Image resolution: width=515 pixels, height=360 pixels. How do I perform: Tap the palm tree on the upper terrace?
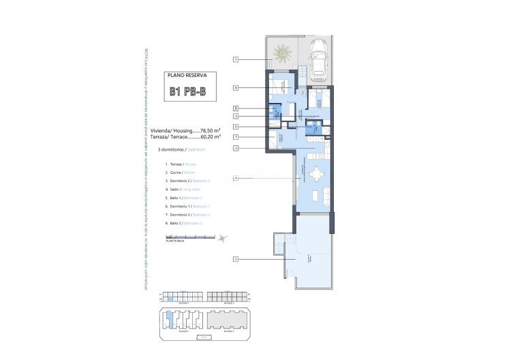pos(281,51)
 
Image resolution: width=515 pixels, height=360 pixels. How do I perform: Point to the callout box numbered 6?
pos(235,87)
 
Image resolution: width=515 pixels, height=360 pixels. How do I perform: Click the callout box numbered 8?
pos(235,108)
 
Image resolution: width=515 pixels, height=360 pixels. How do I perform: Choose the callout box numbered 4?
pos(235,179)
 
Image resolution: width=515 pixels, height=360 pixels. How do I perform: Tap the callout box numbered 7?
pos(235,137)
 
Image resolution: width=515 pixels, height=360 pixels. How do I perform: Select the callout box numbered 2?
pos(235,148)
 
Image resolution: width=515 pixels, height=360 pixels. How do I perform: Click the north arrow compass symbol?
pos(223,237)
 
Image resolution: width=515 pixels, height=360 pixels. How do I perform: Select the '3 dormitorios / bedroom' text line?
pos(181,148)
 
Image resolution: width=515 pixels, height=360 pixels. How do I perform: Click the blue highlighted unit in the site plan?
pos(170,318)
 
